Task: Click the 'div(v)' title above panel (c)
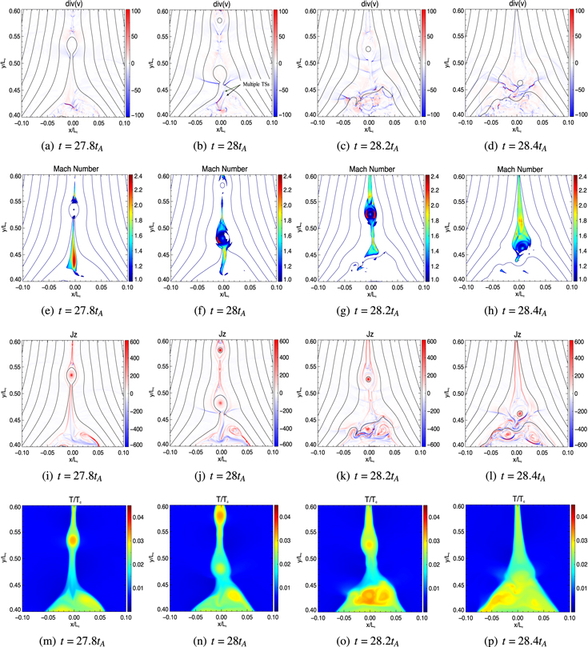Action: click(369, 5)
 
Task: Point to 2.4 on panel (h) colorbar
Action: click(580, 177)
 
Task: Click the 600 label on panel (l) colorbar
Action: click(580, 342)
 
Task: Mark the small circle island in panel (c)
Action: click(368, 49)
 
